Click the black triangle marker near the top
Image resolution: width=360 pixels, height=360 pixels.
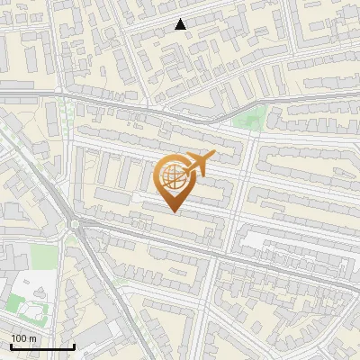pos(181,25)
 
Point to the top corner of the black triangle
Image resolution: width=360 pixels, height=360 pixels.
pos(181,19)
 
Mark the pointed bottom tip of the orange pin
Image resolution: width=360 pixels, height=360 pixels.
pos(174,212)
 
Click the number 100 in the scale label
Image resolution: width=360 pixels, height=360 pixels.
pos(19,338)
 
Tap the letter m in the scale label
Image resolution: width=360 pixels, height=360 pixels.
pos(32,338)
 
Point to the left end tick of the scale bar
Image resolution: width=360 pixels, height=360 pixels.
pos(10,346)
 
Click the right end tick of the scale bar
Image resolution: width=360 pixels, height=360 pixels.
pos(73,346)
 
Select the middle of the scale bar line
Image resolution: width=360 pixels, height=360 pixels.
pos(41,347)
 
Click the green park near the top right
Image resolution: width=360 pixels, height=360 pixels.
pos(250,118)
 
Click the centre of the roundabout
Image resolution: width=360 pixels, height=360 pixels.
pos(76,225)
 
